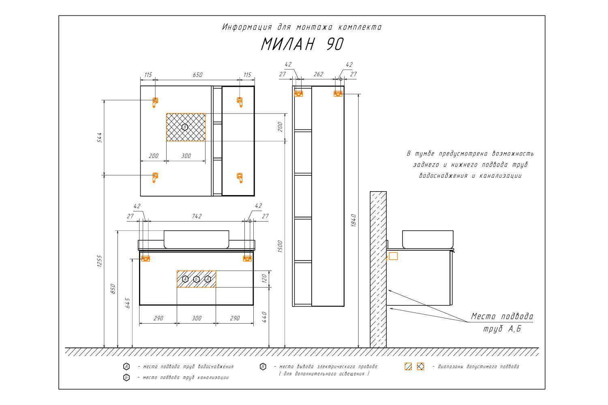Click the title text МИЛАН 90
click(x=302, y=44)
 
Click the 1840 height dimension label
click(x=353, y=220)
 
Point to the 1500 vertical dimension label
click(x=280, y=246)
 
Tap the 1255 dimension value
click(x=100, y=261)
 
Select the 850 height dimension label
click(x=113, y=289)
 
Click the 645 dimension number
click(x=128, y=303)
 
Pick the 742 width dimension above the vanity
click(x=197, y=216)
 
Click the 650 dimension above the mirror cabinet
click(x=198, y=75)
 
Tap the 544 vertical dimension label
click(x=100, y=138)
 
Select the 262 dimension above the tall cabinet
click(x=318, y=74)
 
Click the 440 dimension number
click(x=265, y=317)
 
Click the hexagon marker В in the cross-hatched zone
click(x=185, y=127)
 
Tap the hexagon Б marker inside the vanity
click(x=197, y=279)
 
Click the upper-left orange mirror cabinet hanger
click(x=155, y=102)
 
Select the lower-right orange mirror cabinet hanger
click(x=240, y=178)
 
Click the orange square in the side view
click(x=393, y=256)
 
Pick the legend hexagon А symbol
click(x=126, y=367)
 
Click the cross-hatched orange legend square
click(x=420, y=367)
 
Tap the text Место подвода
click(x=502, y=316)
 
